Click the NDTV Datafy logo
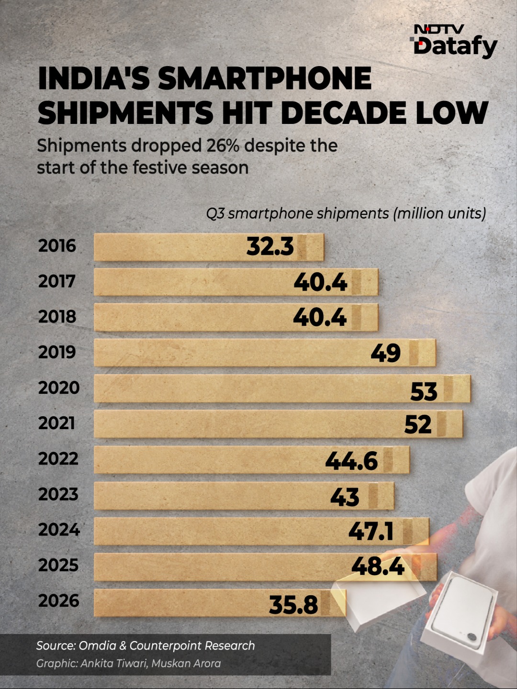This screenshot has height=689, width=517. click(453, 42)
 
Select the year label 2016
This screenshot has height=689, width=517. click(57, 245)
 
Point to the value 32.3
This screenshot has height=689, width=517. click(270, 246)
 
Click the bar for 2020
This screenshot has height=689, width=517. click(282, 389)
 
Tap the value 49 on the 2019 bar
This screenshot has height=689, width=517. click(385, 353)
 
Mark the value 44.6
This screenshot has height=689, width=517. click(351, 461)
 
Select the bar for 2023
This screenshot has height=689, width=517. click(244, 496)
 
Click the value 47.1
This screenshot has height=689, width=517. click(371, 532)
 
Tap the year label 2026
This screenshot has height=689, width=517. click(58, 601)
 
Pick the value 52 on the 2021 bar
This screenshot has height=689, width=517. click(418, 424)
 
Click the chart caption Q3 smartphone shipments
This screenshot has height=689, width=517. click(297, 214)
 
